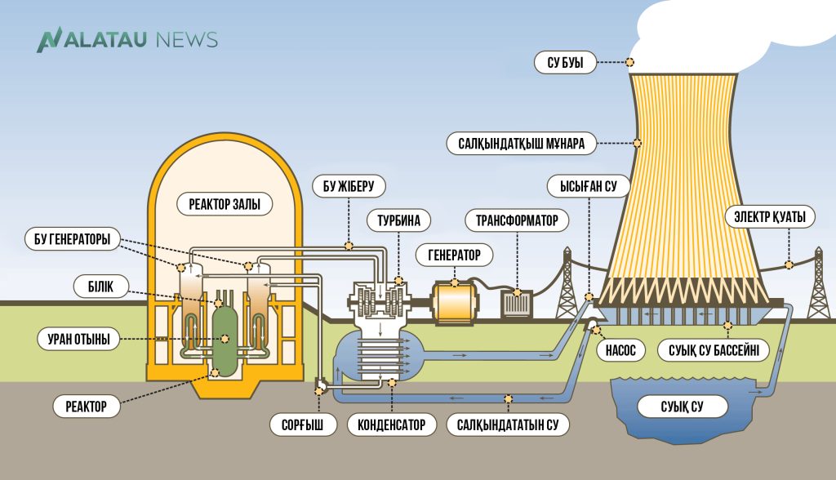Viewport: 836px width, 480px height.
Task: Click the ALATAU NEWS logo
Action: (x=127, y=39)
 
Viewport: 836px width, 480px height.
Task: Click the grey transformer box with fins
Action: (x=516, y=303)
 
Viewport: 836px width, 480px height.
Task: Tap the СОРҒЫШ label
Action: (x=303, y=425)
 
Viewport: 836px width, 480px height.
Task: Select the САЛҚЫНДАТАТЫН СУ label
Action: (x=508, y=425)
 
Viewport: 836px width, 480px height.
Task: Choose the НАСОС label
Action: (x=620, y=350)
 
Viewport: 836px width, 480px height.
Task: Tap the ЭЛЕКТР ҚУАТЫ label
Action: (x=769, y=217)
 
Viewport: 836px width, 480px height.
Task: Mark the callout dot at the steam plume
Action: (x=629, y=61)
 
